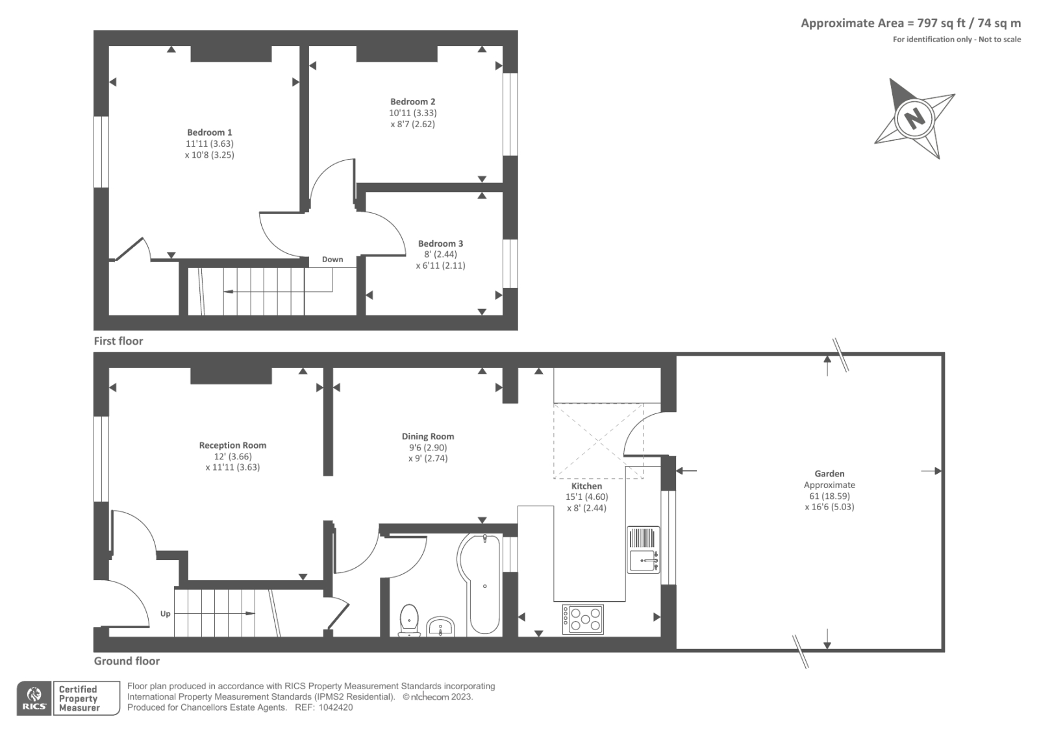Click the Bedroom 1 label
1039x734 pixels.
[x=210, y=132]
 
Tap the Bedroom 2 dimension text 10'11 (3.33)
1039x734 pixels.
[x=413, y=113]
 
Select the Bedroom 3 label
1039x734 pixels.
[x=441, y=243]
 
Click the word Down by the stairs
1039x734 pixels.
[x=332, y=259]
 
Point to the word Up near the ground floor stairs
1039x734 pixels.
[x=165, y=614]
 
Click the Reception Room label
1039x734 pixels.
[x=233, y=446]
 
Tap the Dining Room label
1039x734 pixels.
[x=428, y=436]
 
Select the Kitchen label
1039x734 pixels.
[x=587, y=486]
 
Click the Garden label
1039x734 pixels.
[x=829, y=474]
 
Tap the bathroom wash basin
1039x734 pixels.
[x=440, y=627]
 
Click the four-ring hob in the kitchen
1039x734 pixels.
[x=583, y=619]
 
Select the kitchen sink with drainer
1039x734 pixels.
[x=644, y=550]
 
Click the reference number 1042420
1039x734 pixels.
[x=335, y=707]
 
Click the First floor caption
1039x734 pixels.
[x=118, y=341]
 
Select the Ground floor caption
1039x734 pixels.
[x=127, y=661]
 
